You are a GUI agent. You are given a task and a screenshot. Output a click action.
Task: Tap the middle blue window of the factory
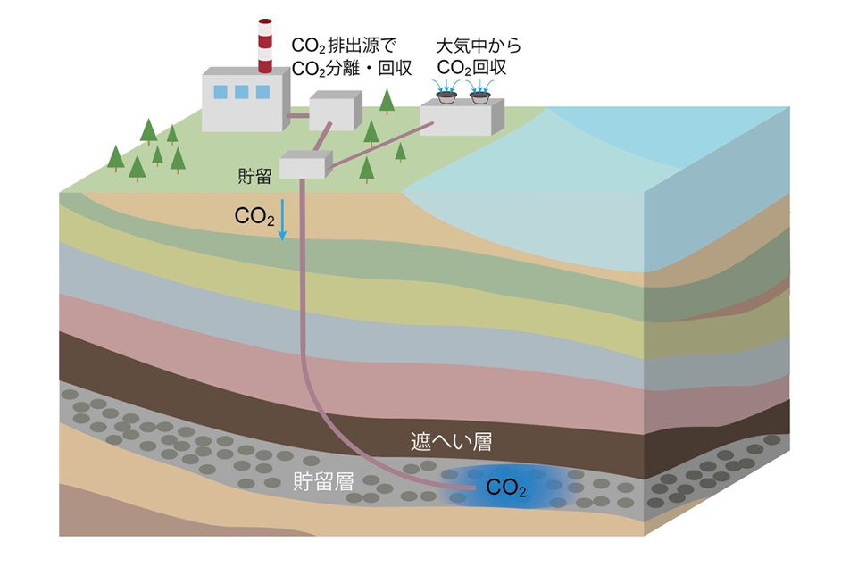[242, 91]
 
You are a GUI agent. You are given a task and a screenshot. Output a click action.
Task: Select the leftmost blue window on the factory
[221, 91]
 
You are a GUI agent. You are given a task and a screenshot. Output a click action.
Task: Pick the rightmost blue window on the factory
[262, 91]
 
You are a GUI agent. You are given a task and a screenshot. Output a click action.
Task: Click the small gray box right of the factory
[332, 113]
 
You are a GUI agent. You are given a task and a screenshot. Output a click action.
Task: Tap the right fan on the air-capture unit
[480, 92]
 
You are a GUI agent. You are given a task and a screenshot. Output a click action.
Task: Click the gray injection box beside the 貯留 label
[304, 164]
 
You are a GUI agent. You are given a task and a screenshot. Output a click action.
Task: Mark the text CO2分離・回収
[351, 66]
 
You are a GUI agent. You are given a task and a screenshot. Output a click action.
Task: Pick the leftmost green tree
[115, 157]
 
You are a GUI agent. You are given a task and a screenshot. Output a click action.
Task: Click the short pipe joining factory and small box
[296, 115]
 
